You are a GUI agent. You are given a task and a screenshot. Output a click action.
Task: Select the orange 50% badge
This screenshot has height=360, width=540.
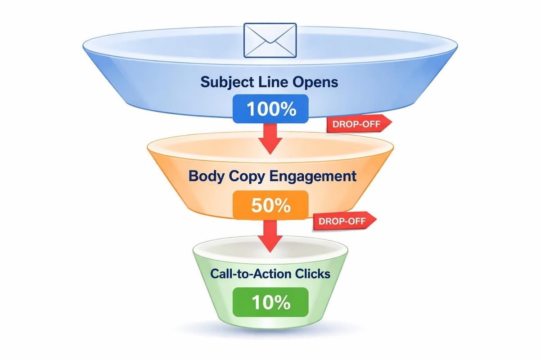pyautogui.click(x=270, y=206)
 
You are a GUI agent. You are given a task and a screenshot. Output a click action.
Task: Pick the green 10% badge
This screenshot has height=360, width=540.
pyautogui.click(x=270, y=303)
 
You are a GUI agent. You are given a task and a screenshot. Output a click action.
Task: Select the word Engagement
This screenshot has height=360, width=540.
pyautogui.click(x=313, y=176)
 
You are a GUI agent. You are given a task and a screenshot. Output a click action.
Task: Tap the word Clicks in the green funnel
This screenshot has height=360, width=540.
pyautogui.click(x=311, y=273)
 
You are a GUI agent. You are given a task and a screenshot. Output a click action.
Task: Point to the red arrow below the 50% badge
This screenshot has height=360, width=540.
pyautogui.click(x=270, y=237)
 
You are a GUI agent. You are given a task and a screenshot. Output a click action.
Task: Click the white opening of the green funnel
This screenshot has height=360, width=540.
pyautogui.click(x=270, y=247)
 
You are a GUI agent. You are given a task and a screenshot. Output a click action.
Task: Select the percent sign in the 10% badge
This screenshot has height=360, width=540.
pyautogui.click(x=283, y=303)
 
